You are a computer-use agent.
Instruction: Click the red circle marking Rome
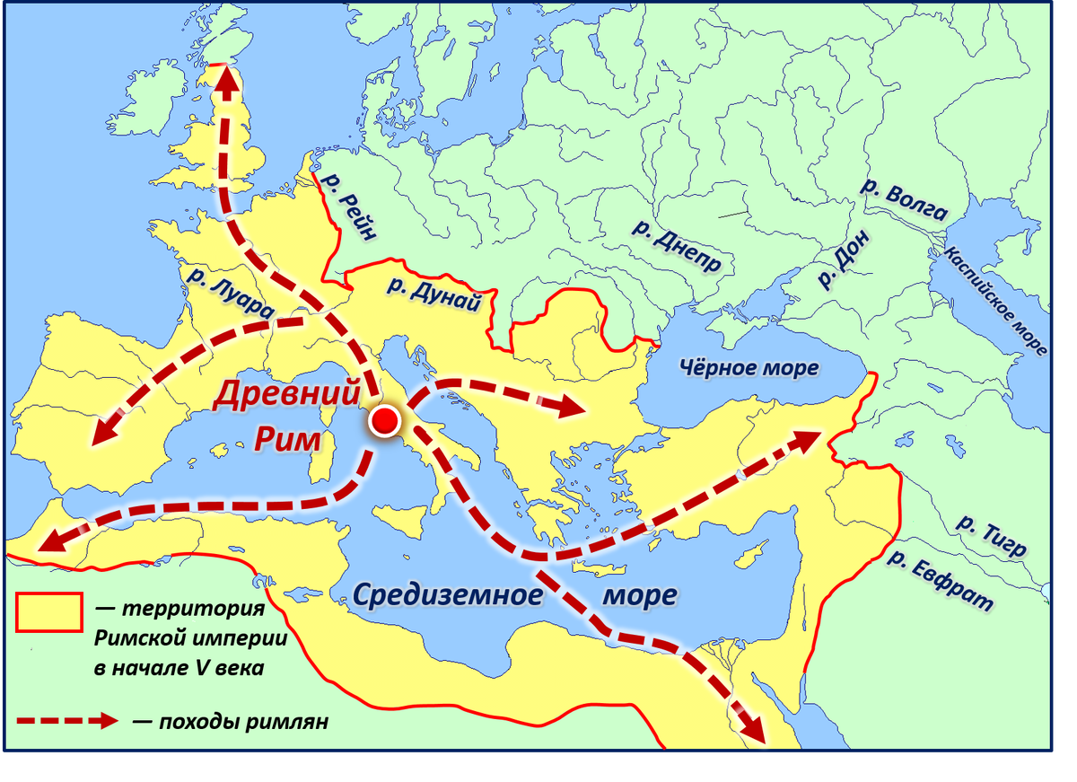(385, 421)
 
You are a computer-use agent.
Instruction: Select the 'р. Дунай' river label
(433, 295)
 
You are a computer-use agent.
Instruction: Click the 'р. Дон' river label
(843, 259)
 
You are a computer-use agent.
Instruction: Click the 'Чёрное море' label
(749, 368)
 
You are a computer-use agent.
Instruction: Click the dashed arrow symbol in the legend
(67, 721)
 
